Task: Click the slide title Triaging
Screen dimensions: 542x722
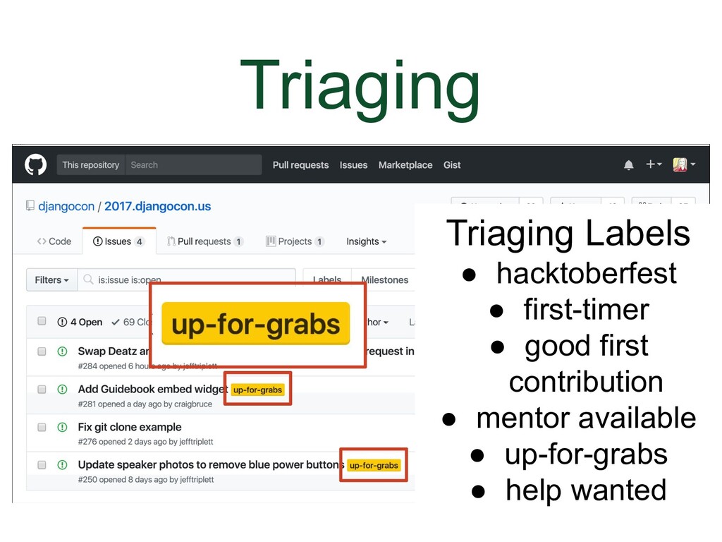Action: (x=360, y=85)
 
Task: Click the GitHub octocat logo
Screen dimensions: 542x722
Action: (x=35, y=165)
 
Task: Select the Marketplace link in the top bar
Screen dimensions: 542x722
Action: (x=405, y=165)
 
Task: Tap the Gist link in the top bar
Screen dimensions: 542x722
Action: (x=452, y=165)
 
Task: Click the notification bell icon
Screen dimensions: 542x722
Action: (x=628, y=165)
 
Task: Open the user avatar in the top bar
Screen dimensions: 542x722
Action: (x=680, y=165)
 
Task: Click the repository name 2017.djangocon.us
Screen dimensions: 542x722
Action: (x=157, y=207)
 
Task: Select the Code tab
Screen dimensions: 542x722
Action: (x=54, y=241)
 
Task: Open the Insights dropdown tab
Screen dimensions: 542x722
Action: (x=366, y=241)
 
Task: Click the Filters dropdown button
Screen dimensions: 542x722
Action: (x=51, y=280)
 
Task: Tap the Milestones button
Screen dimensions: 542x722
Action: (x=384, y=280)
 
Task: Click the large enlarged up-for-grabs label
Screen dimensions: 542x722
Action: (x=256, y=324)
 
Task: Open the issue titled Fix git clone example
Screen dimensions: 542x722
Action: (x=130, y=427)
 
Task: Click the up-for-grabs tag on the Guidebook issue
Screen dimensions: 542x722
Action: (x=257, y=390)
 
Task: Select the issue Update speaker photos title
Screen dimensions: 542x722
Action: (x=210, y=465)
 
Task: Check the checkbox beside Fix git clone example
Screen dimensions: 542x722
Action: (x=42, y=427)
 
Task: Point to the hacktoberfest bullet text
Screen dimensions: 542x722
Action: (x=586, y=274)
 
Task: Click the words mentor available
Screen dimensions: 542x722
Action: (x=586, y=418)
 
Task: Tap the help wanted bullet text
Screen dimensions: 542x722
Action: (x=585, y=490)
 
